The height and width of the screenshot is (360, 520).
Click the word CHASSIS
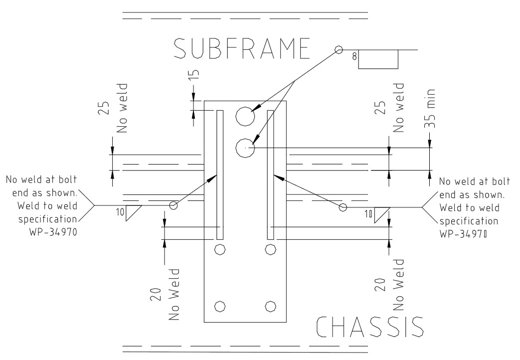370,327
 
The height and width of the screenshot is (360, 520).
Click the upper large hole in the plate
246,116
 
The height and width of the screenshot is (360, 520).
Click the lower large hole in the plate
245,148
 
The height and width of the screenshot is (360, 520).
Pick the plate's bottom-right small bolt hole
270,305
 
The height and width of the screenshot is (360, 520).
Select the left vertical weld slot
219,175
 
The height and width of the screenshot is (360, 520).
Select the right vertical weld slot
271,175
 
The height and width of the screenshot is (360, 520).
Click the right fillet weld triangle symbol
382,214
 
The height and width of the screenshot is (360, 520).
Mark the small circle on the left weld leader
173,205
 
